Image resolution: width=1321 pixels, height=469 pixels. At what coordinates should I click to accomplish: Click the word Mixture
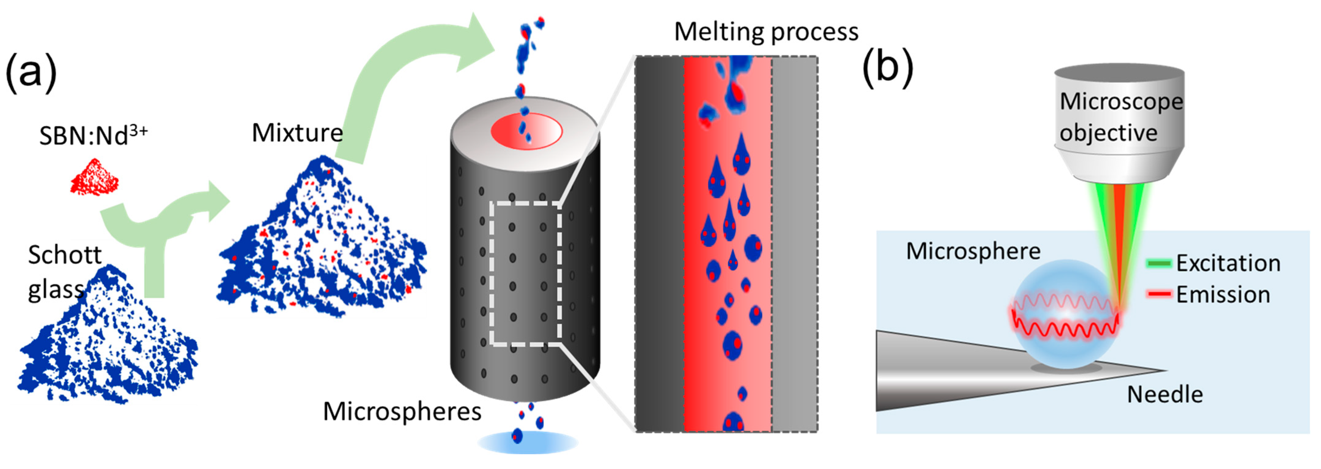point(297,133)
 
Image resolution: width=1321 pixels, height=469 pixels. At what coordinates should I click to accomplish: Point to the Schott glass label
point(64,272)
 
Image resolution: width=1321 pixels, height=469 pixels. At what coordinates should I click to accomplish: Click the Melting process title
point(766,32)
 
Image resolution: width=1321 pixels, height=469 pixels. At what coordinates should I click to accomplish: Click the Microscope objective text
point(1120,117)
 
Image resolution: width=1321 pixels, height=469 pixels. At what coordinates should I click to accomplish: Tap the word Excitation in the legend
point(1228,263)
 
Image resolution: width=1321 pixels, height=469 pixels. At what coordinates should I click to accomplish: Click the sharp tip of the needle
point(1164,370)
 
